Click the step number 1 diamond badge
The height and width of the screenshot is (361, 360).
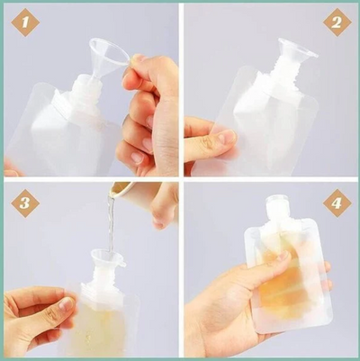coord(25,23)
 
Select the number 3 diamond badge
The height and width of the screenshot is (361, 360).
coord(25,203)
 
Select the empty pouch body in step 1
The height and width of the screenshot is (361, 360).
coord(54,135)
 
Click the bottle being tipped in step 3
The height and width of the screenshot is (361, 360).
coord(126,192)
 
